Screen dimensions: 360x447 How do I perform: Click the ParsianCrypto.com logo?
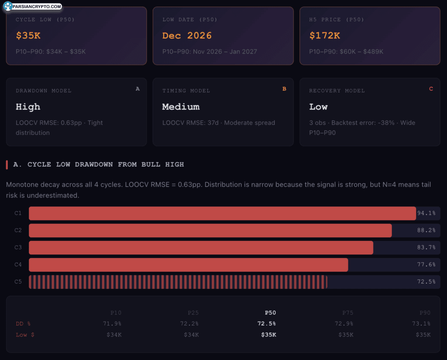click(x=32, y=7)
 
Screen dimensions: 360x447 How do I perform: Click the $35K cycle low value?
click(x=28, y=36)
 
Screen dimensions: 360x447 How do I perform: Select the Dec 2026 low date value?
click(x=187, y=36)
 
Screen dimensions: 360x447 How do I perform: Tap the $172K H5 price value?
click(x=324, y=36)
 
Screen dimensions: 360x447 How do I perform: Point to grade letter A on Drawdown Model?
click(x=138, y=89)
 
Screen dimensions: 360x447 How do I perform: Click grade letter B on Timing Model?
click(x=285, y=89)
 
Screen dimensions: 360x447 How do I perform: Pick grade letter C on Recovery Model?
click(x=431, y=89)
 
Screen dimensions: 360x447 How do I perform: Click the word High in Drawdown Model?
click(x=28, y=107)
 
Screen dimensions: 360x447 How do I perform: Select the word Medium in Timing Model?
click(x=181, y=107)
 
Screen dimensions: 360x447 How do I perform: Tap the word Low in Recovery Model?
click(x=318, y=107)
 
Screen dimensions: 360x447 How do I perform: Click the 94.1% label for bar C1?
click(x=426, y=213)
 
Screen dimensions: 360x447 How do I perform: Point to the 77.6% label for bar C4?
click(x=426, y=264)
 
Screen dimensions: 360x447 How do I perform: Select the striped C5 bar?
click(x=178, y=282)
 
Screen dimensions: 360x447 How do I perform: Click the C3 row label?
click(x=18, y=247)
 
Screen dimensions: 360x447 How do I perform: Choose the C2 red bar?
click(x=210, y=230)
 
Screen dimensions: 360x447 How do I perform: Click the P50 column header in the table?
click(x=270, y=312)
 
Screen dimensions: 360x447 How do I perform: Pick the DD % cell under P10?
click(x=112, y=323)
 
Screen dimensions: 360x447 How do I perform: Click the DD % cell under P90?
click(x=422, y=323)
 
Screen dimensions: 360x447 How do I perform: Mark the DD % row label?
click(x=23, y=323)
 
